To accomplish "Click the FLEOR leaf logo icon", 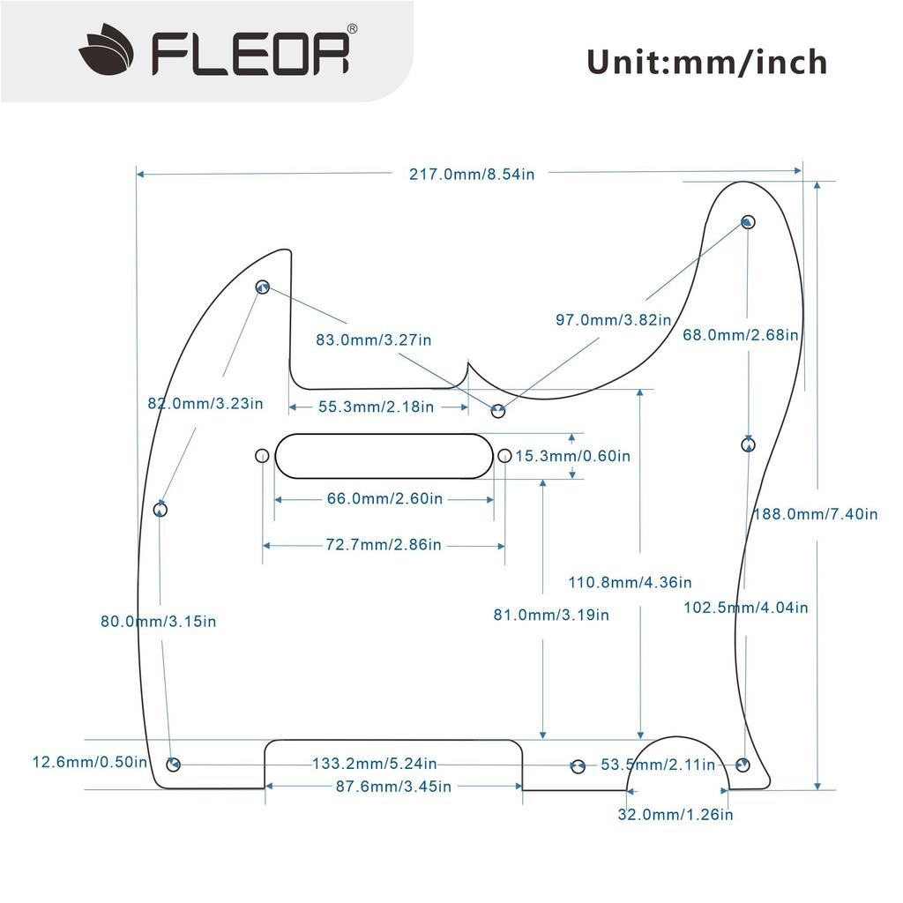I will [x=107, y=50].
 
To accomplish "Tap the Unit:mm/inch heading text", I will [x=706, y=63].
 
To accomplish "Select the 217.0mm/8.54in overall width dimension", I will [x=471, y=174].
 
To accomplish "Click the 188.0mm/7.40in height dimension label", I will [x=814, y=514].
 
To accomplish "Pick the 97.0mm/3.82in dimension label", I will [x=613, y=319].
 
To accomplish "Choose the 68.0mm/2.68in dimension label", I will [x=741, y=335].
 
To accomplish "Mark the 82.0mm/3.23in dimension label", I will [x=205, y=404].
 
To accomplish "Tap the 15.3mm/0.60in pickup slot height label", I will [x=572, y=456].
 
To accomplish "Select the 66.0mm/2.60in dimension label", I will [x=384, y=498].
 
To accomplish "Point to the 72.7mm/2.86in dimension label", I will [x=384, y=545].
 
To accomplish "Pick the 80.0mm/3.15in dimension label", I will [x=159, y=621].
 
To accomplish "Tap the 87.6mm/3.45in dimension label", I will [x=393, y=786].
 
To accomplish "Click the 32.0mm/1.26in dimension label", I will [x=675, y=814].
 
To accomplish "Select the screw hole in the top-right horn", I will [x=748, y=221].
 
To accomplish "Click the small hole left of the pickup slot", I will [x=262, y=456].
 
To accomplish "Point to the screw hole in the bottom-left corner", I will [x=174, y=764].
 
